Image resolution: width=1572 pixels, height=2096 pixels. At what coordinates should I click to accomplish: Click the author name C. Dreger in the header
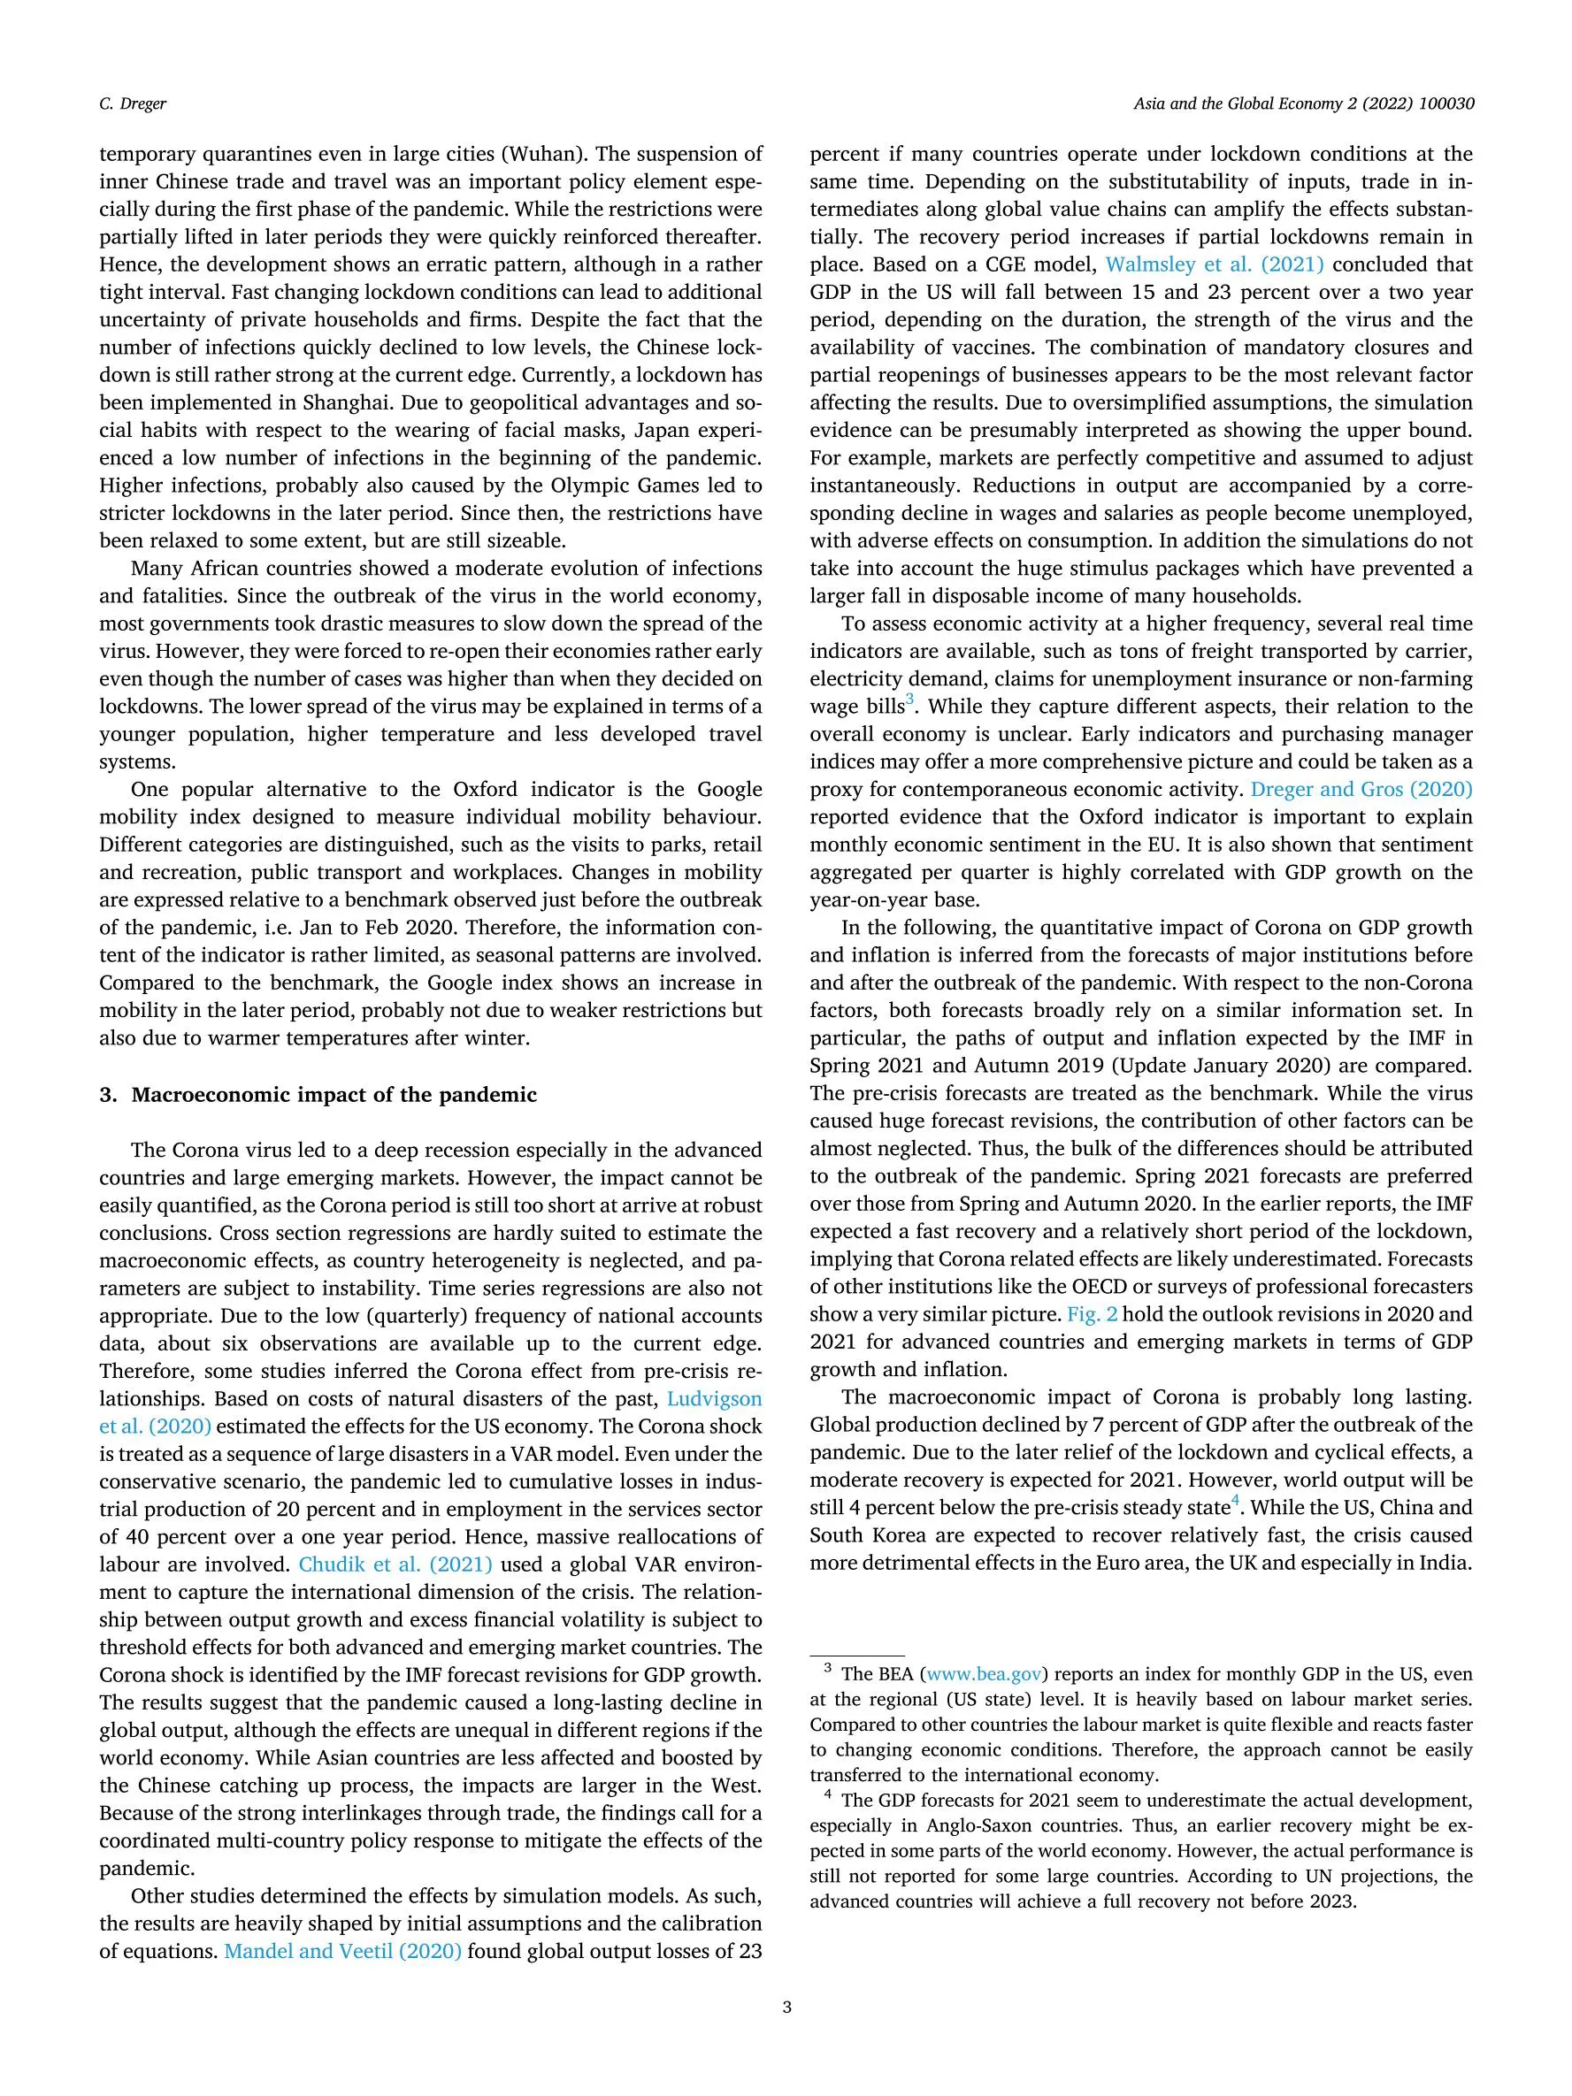tap(133, 103)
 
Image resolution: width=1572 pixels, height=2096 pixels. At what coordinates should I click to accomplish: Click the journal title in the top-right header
tap(1303, 103)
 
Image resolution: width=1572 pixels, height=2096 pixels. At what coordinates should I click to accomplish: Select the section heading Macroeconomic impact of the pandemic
tap(334, 1096)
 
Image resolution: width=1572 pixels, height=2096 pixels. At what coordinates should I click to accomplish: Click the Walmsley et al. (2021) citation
tap(1214, 264)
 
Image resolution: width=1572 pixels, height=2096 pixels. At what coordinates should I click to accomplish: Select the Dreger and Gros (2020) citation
tap(1361, 789)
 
